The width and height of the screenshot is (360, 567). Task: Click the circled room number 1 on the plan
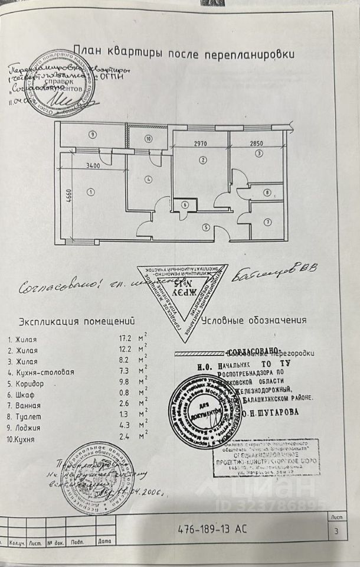coord(91,191)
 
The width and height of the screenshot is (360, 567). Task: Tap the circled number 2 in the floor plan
coord(202,159)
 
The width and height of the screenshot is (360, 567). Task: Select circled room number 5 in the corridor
coord(205,226)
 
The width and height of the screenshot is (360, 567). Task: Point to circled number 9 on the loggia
coord(92,134)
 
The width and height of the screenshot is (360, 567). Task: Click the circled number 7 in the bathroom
coord(267,223)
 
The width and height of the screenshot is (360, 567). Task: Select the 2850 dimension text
coord(258,144)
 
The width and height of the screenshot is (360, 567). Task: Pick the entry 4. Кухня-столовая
coord(41,372)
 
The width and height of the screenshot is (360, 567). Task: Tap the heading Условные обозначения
coord(254,321)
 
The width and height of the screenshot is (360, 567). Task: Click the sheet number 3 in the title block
coord(336,530)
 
